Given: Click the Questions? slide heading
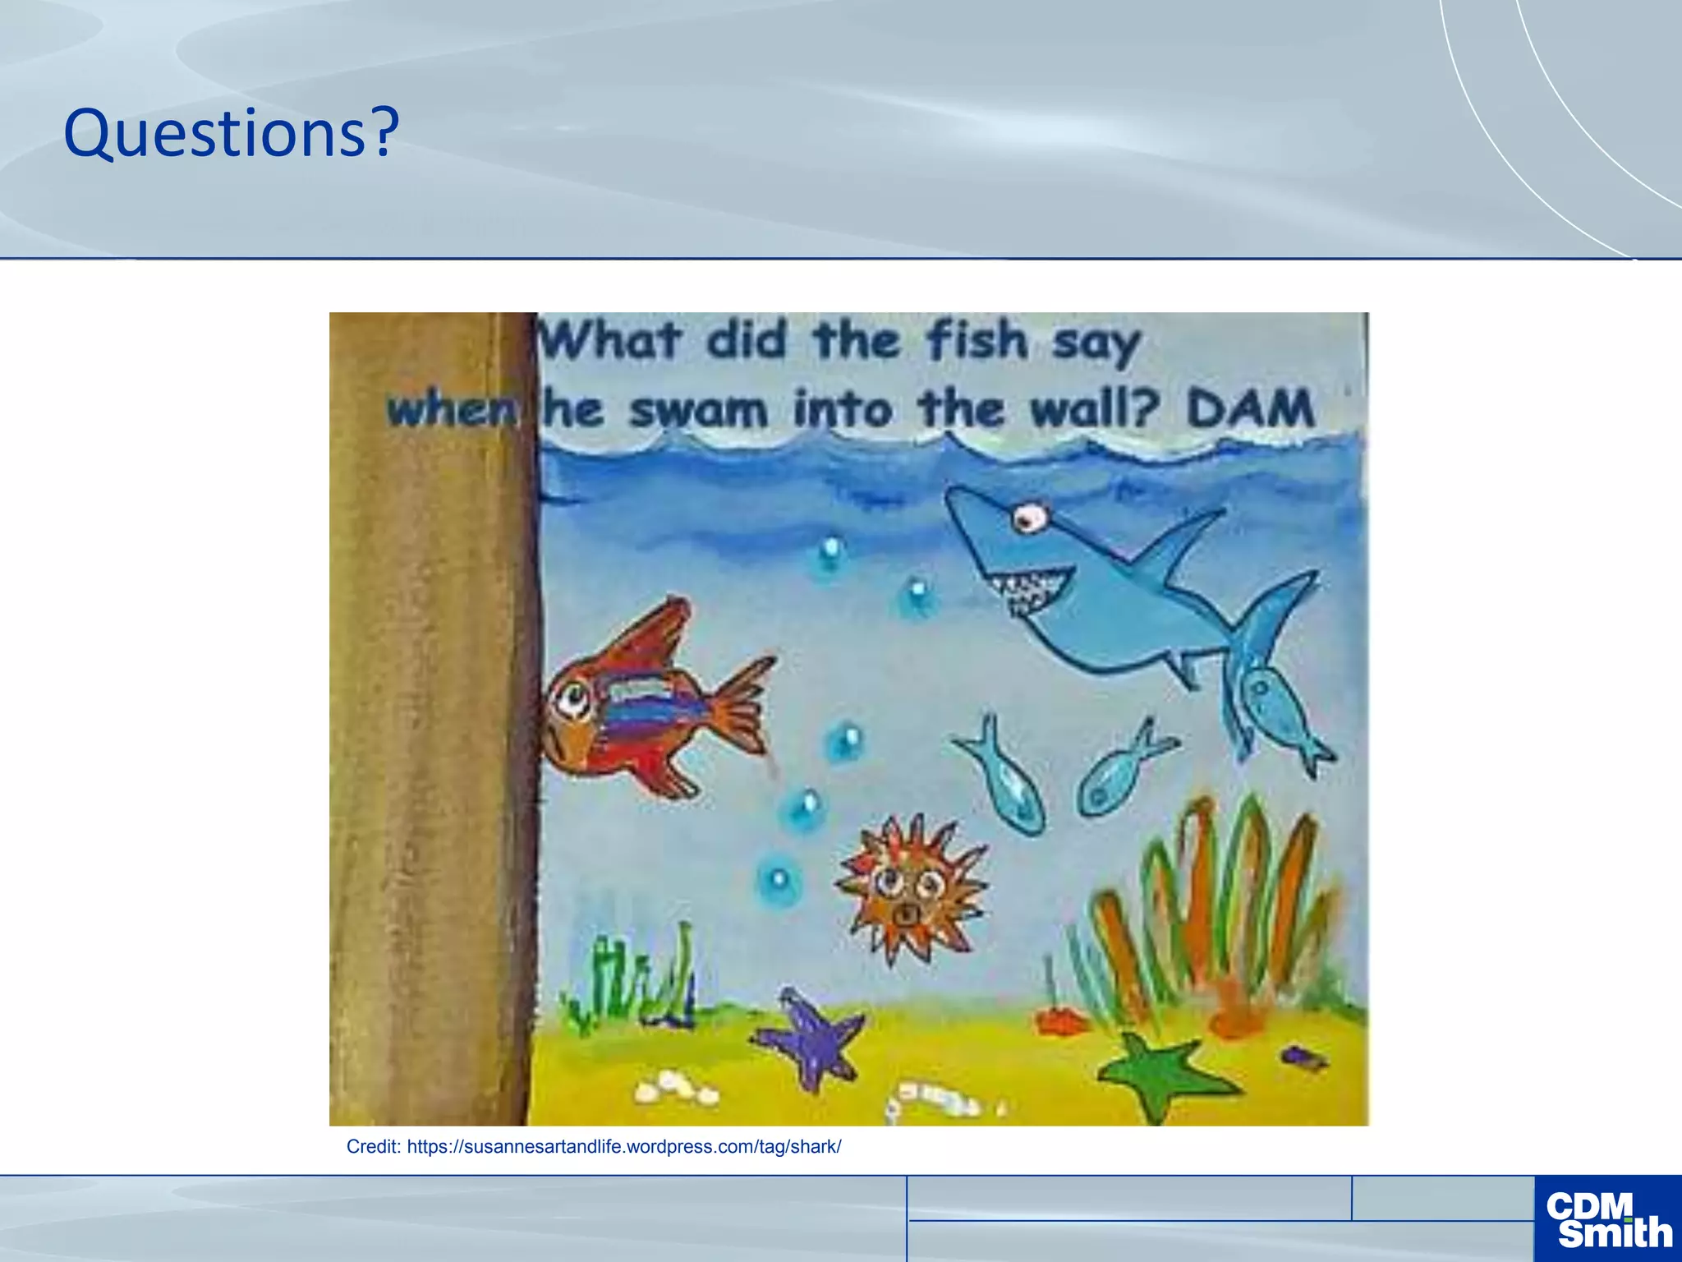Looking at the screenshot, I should point(231,134).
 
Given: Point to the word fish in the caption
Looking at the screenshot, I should point(977,340).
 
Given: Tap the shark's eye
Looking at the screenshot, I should point(1027,517).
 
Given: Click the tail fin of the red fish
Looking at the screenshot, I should point(743,707).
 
